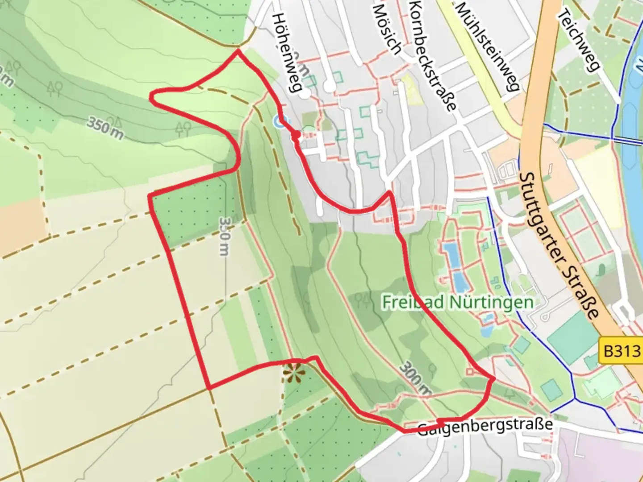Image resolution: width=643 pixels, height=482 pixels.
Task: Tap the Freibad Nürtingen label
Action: [458, 302]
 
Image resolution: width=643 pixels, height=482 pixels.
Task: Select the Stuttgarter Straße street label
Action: [558, 245]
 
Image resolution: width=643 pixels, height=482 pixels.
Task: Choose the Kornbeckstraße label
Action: [432, 55]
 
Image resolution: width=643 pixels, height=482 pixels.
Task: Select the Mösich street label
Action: [387, 28]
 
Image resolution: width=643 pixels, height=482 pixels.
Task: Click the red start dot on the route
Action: [295, 134]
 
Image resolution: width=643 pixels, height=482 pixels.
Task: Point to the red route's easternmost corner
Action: [494, 379]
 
